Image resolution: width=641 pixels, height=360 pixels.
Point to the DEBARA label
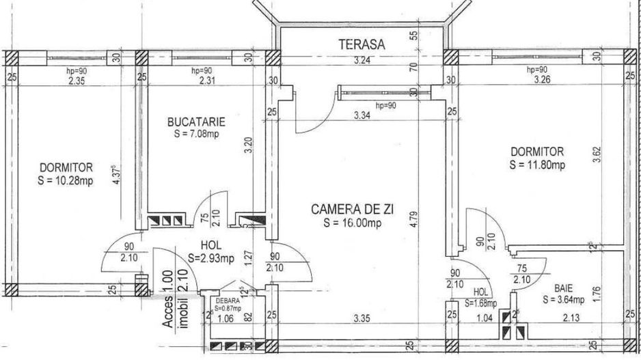[x=227, y=300]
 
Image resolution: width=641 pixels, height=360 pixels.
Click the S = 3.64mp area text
[x=563, y=299]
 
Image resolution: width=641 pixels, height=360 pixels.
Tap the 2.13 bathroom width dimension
[x=571, y=316]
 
